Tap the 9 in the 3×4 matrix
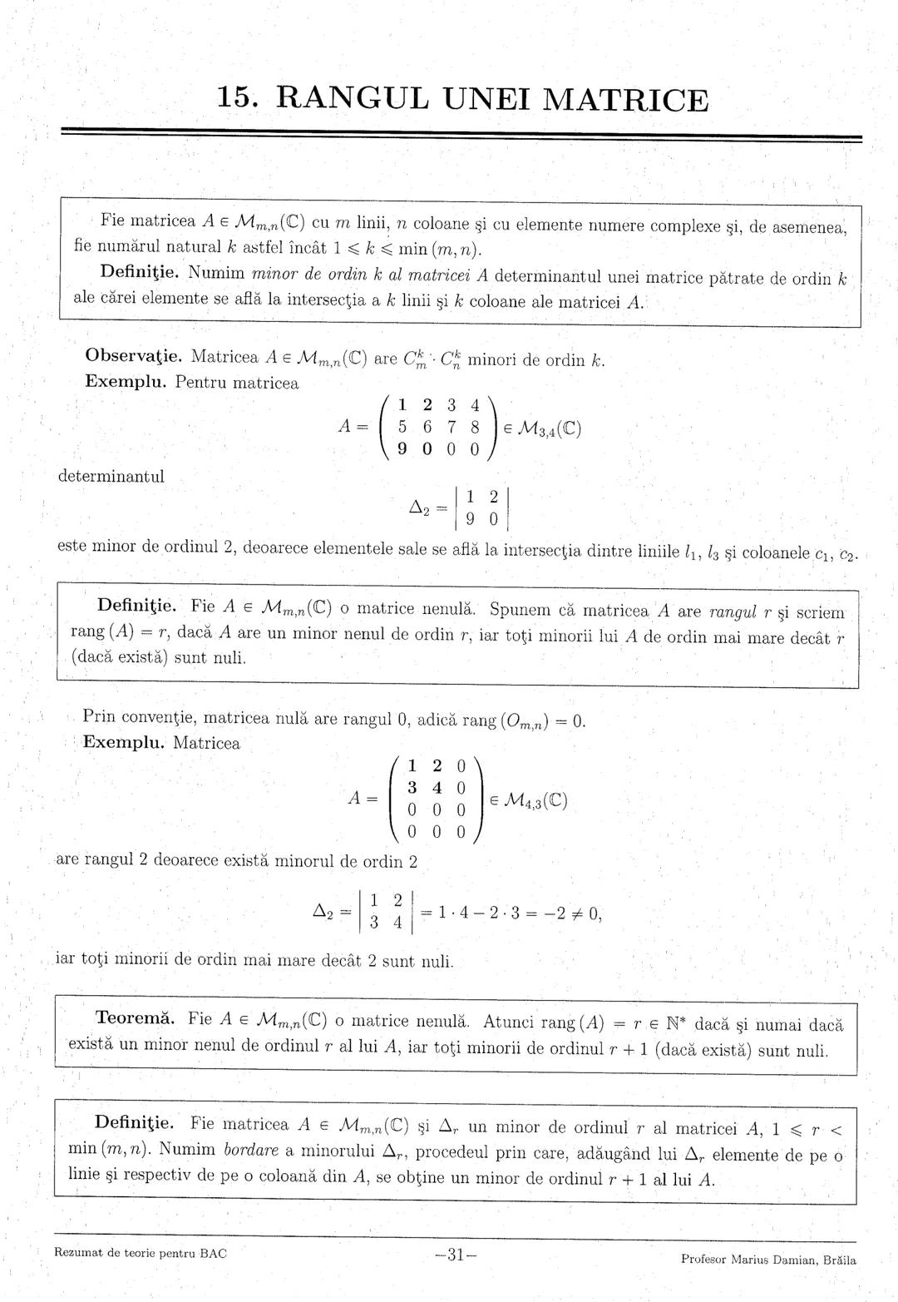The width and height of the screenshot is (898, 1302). (402, 449)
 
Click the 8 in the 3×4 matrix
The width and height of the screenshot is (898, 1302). (475, 428)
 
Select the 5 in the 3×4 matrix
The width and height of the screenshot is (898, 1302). (402, 428)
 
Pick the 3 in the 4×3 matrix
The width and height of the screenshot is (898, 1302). (412, 787)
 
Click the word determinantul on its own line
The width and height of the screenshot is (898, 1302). (111, 477)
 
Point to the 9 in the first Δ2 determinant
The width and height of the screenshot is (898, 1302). (470, 520)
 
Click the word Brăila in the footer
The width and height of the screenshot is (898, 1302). (840, 1259)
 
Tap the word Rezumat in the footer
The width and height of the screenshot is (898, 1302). (77, 1253)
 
